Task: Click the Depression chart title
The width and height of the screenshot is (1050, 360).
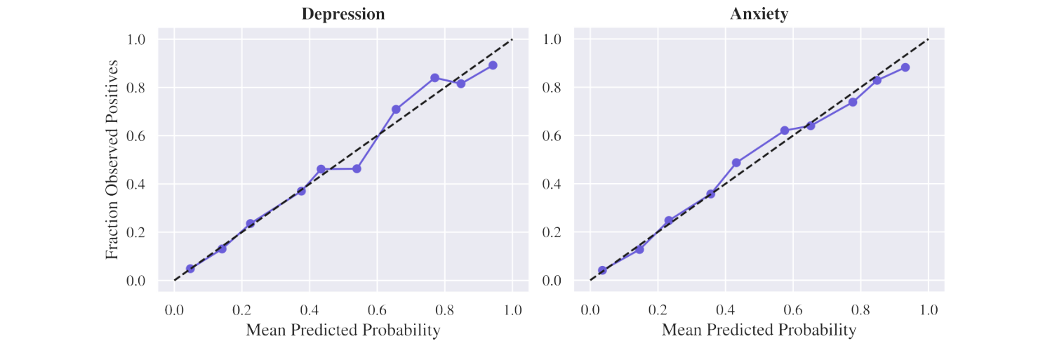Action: coord(343,14)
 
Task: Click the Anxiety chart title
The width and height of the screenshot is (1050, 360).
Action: coord(759,14)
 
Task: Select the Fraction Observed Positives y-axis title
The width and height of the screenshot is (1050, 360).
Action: coord(112,159)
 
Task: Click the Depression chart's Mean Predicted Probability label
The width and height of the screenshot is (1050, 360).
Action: coord(343,330)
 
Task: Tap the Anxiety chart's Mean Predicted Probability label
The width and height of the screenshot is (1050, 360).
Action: coord(759,330)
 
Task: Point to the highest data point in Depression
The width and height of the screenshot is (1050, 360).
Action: coord(493,65)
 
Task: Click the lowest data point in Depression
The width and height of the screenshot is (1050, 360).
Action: coord(190,269)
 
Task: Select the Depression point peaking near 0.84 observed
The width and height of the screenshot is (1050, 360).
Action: coord(435,78)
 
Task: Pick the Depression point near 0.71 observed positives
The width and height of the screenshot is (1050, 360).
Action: coord(396,109)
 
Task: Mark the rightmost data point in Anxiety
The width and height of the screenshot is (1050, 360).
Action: coord(905,67)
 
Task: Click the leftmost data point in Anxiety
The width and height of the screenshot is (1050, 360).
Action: coord(602,270)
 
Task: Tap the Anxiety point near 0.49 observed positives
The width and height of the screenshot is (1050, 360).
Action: coord(736,163)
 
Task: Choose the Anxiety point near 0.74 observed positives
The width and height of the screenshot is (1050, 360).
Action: coord(853,102)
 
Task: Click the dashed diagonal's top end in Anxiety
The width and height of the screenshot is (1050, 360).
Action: coord(928,39)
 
